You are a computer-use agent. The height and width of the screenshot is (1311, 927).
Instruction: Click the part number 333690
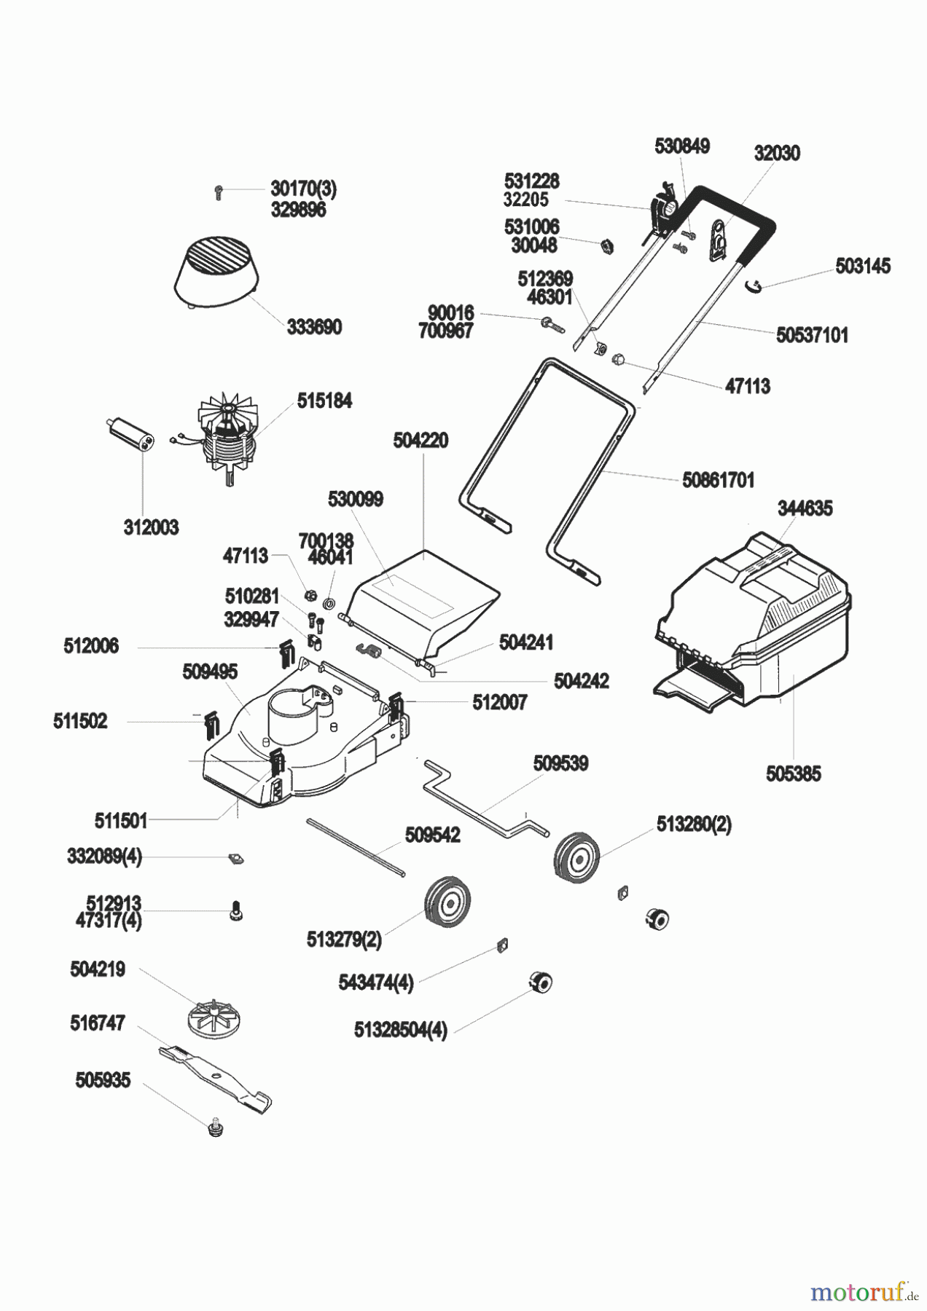(x=314, y=327)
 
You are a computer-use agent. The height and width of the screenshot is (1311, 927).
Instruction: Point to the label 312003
(x=151, y=527)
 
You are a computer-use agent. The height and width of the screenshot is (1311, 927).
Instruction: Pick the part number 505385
(x=793, y=773)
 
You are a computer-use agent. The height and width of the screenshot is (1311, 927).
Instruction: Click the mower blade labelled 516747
(x=216, y=1077)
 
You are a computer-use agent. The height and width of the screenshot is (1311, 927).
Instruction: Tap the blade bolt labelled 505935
(x=215, y=1129)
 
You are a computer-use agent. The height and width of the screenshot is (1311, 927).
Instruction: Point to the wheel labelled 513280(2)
(x=577, y=857)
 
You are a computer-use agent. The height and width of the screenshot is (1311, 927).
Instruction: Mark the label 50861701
(x=718, y=481)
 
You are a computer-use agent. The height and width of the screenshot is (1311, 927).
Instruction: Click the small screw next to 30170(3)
(x=219, y=192)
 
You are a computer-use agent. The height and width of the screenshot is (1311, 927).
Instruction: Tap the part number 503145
(x=863, y=266)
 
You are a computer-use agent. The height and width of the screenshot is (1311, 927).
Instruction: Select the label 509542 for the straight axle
(x=432, y=835)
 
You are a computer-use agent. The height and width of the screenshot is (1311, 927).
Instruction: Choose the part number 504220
(x=421, y=441)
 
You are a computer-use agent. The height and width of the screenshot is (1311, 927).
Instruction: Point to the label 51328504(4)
(x=400, y=1031)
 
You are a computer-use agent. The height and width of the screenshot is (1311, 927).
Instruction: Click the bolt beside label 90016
(x=552, y=324)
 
